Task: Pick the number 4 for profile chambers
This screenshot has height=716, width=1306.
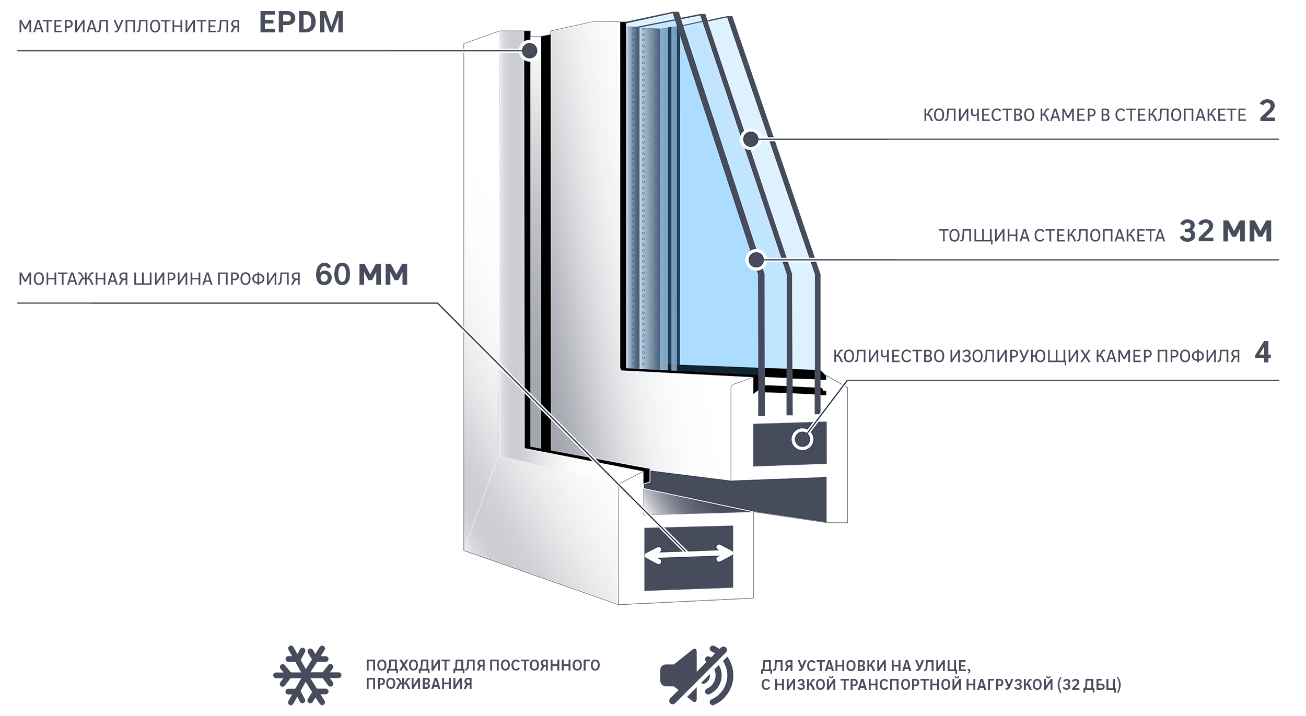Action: [x=1263, y=353]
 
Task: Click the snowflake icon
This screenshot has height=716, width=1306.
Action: [x=307, y=675]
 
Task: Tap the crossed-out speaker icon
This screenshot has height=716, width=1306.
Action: [x=696, y=675]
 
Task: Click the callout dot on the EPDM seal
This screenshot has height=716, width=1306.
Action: [x=529, y=51]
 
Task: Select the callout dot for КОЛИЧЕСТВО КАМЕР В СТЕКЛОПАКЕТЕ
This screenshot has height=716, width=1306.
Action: [x=751, y=139]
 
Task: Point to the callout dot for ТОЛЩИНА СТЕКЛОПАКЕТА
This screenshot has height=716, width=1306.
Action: [x=755, y=260]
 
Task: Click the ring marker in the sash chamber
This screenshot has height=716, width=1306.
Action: [x=802, y=439]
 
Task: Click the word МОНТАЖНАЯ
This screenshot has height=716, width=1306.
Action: [x=73, y=279]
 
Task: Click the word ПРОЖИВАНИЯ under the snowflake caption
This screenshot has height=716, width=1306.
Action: [x=419, y=684]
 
